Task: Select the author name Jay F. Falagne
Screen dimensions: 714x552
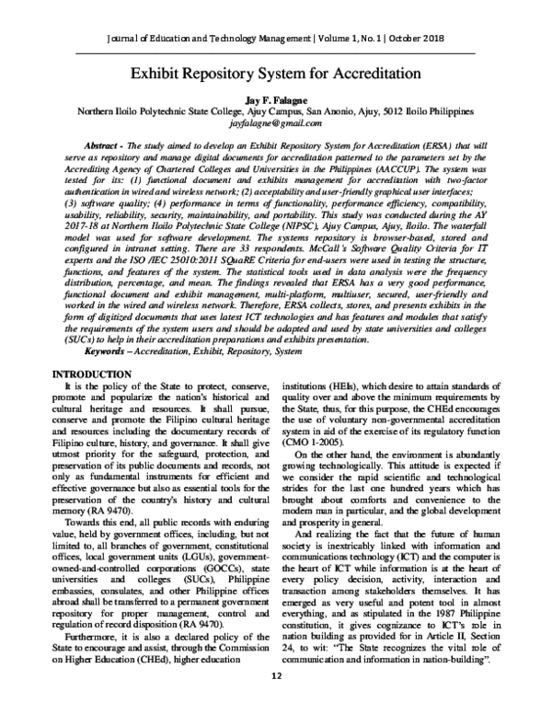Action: tap(276, 98)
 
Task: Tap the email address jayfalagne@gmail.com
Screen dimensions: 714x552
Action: tap(276, 121)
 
